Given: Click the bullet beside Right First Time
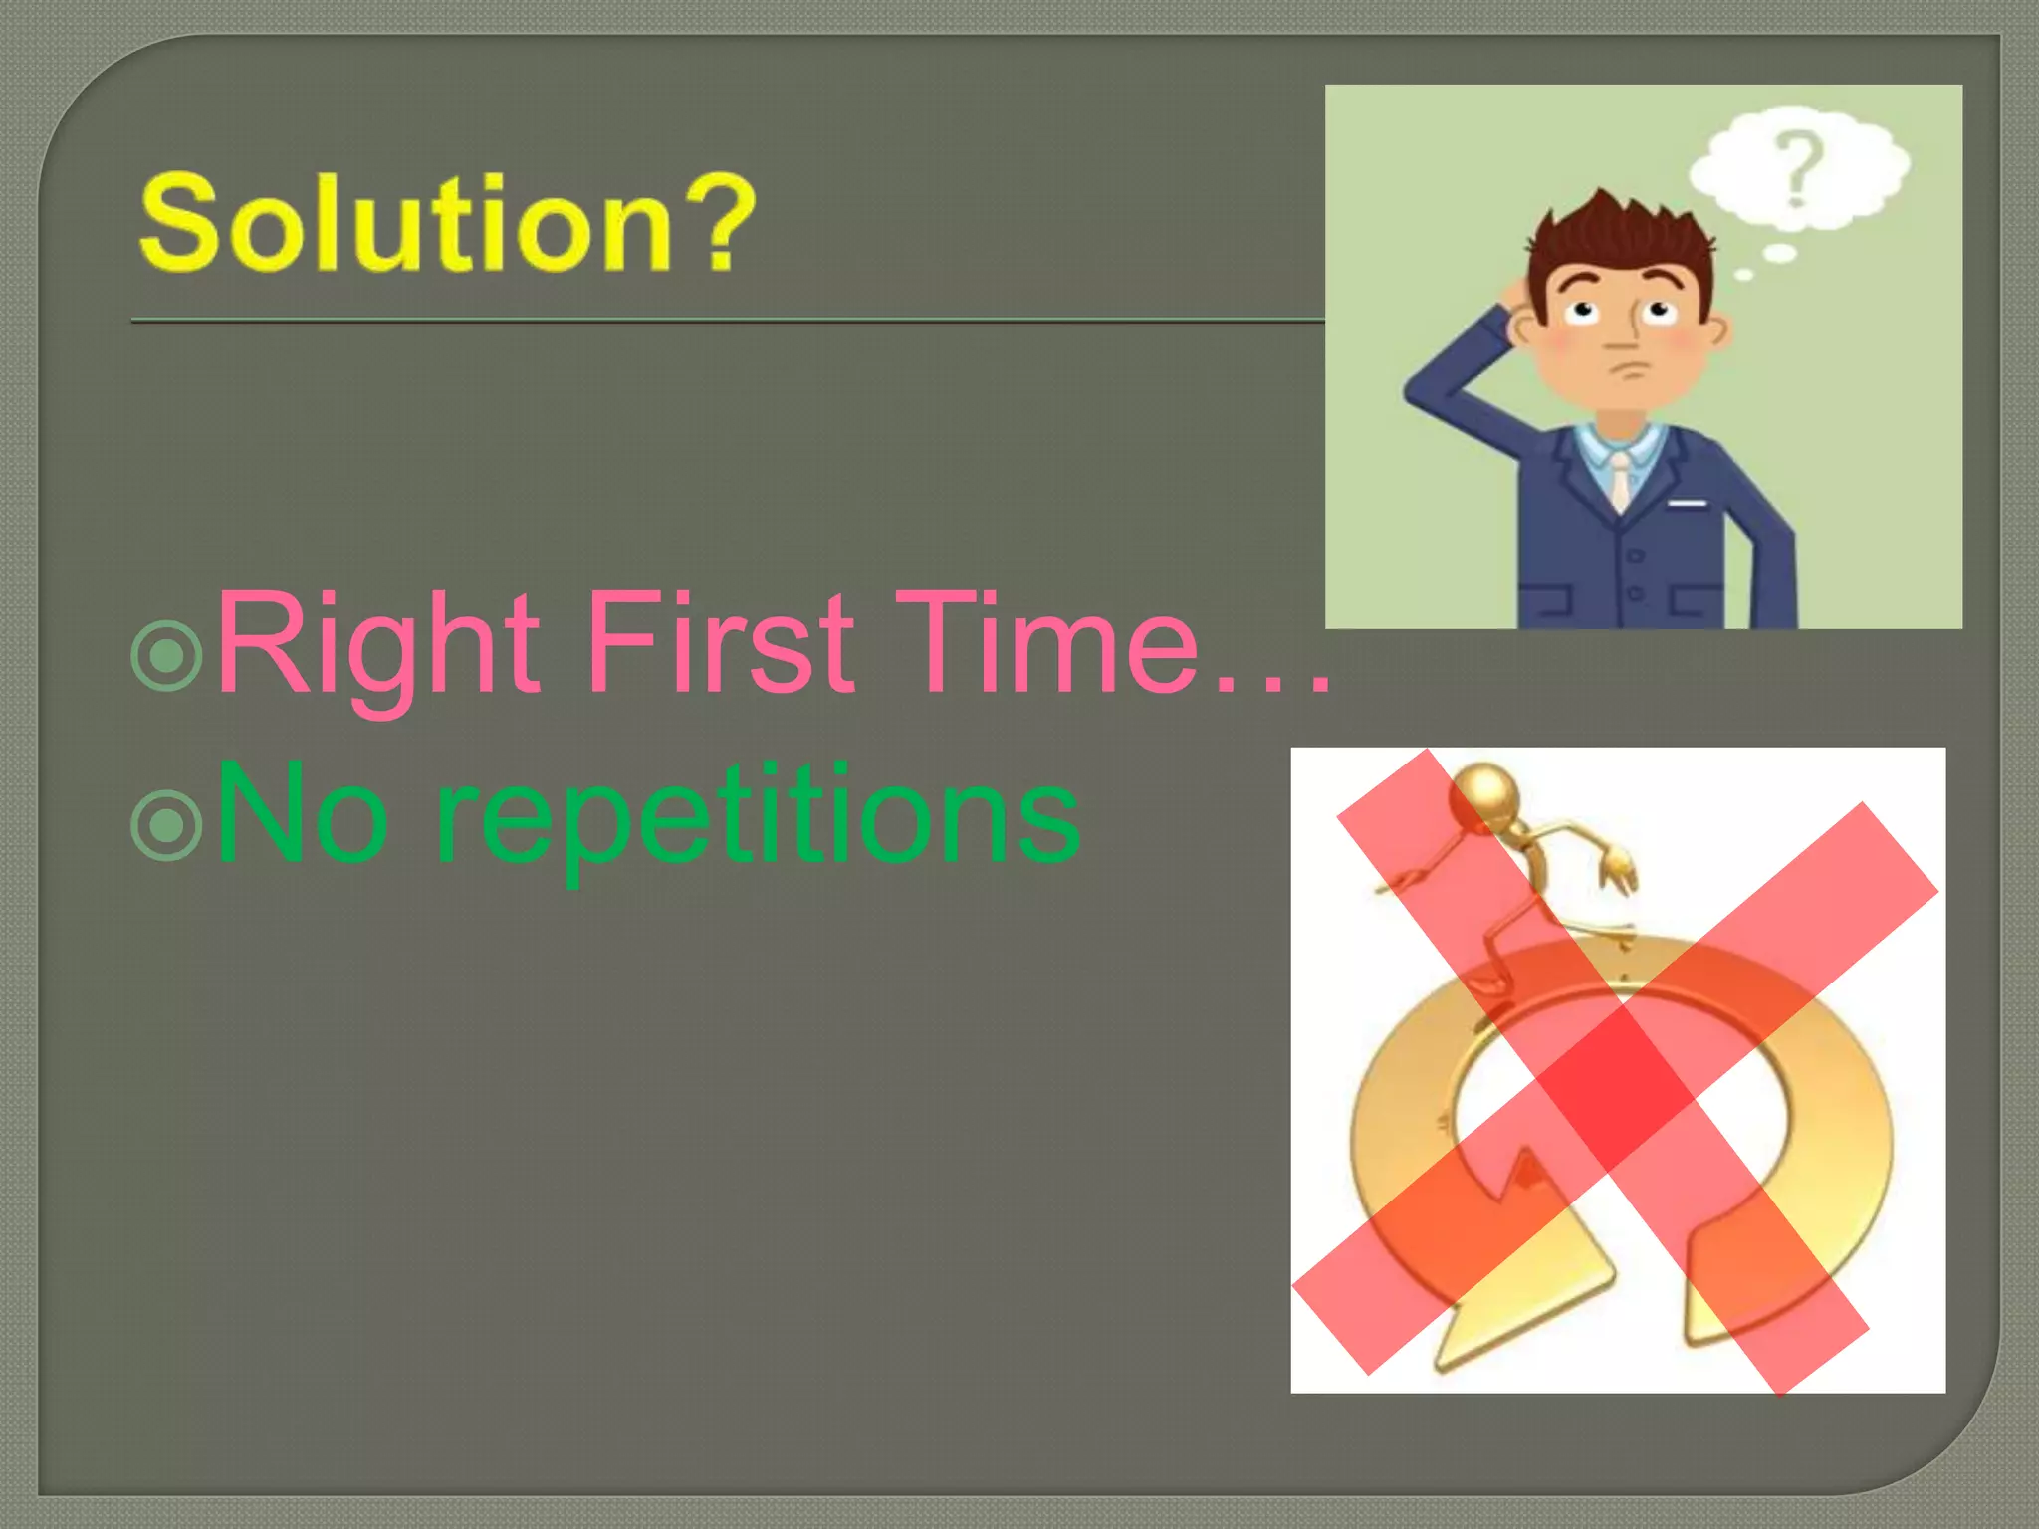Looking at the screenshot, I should [x=166, y=655].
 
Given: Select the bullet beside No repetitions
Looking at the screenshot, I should [x=166, y=824].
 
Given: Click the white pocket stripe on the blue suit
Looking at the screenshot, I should [x=1688, y=503].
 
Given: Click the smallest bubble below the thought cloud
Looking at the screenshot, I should [x=1743, y=275].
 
